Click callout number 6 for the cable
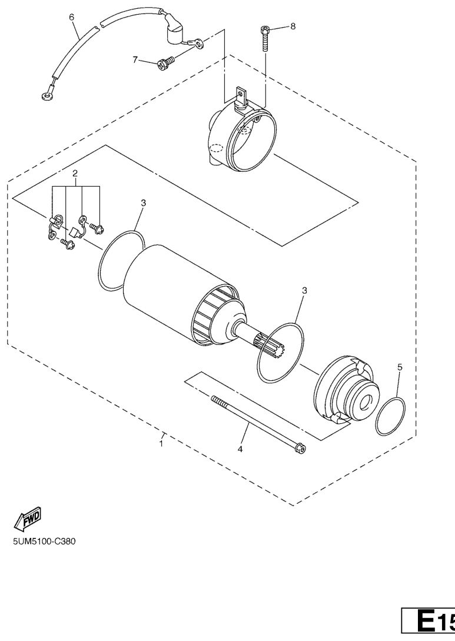pos(72,17)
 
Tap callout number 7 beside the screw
pos(135,60)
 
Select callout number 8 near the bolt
pos(293,26)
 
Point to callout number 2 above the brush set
pos(75,173)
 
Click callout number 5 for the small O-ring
pos(400,367)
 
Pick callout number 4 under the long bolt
pos(240,449)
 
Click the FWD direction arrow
pos(28,517)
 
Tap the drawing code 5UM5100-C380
pos(44,542)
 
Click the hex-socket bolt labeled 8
pos(265,38)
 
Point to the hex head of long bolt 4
pos(301,449)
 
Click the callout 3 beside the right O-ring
pos(304,291)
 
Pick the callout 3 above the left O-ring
pos(144,202)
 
